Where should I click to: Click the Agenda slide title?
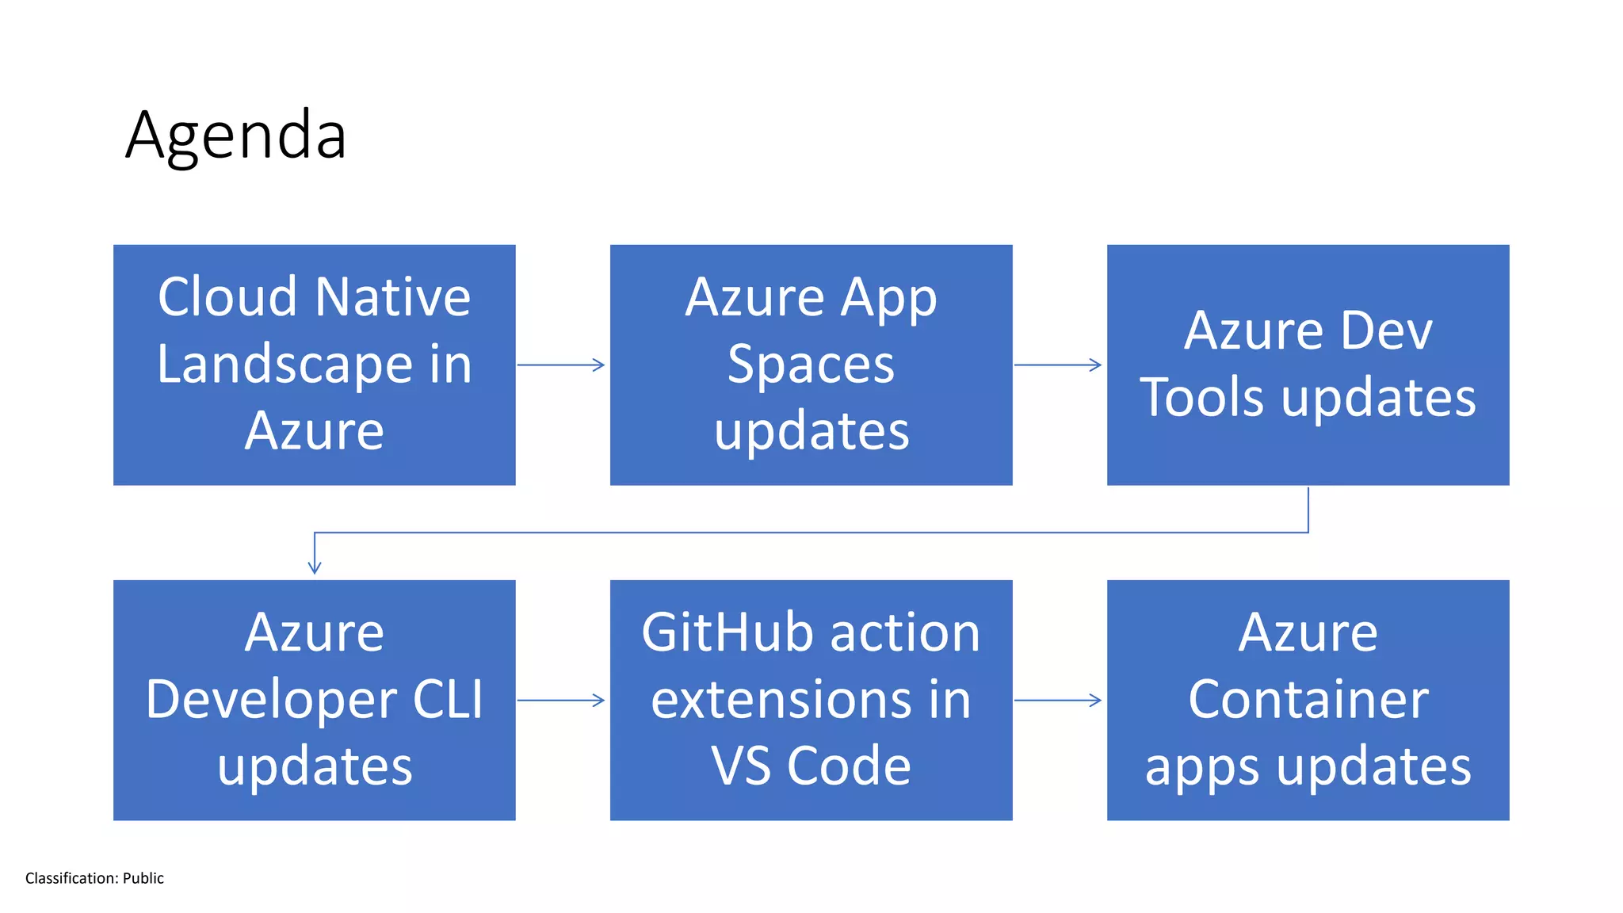(x=235, y=136)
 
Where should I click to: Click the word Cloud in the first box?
(x=228, y=298)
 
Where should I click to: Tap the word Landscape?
(x=285, y=365)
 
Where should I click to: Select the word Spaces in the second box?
(x=811, y=365)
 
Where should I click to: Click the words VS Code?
(x=811, y=766)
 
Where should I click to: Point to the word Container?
(x=1308, y=700)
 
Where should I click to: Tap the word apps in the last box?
(x=1201, y=766)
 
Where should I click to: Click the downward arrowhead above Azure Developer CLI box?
(x=315, y=566)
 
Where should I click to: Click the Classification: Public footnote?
(x=94, y=878)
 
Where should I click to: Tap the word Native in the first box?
(x=393, y=298)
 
